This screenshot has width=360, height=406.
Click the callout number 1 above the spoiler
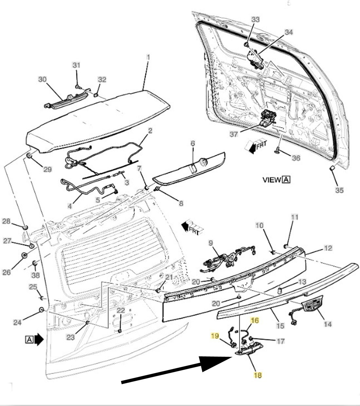[x=148, y=57]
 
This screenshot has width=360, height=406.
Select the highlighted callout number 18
[x=258, y=375]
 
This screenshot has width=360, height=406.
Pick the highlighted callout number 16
[x=255, y=321]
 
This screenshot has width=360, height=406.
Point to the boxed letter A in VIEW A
[x=287, y=180]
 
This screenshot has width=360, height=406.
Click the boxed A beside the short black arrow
[x=29, y=340]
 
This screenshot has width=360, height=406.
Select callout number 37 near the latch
[x=234, y=134]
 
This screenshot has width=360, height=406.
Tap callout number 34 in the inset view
[x=289, y=32]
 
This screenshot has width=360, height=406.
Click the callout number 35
[x=339, y=190]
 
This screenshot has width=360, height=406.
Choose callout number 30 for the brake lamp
[x=43, y=79]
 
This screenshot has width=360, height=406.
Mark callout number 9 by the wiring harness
[x=211, y=243]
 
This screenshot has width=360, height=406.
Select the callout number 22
[x=121, y=310]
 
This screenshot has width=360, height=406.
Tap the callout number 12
[x=328, y=249]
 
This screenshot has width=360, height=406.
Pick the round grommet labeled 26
[x=24, y=255]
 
